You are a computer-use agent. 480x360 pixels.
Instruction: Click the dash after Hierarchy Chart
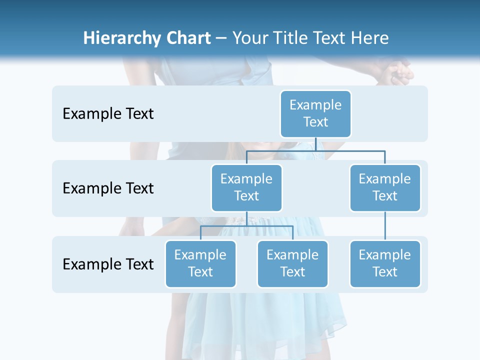[221, 39]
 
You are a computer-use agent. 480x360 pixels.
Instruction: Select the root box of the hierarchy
[315, 113]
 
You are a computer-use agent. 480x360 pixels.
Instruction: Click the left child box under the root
[246, 187]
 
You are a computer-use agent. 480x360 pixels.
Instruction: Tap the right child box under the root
[385, 187]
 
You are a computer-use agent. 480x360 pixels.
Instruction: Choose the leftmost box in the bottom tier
[200, 263]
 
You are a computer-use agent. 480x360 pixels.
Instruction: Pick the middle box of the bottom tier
[292, 263]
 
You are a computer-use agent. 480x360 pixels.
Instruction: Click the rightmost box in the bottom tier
[385, 263]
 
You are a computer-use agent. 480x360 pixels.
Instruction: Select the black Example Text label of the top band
[108, 114]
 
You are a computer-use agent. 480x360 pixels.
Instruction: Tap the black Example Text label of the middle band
[108, 188]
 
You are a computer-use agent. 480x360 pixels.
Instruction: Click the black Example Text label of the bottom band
[108, 264]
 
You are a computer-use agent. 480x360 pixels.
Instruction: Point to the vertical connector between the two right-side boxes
[385, 226]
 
